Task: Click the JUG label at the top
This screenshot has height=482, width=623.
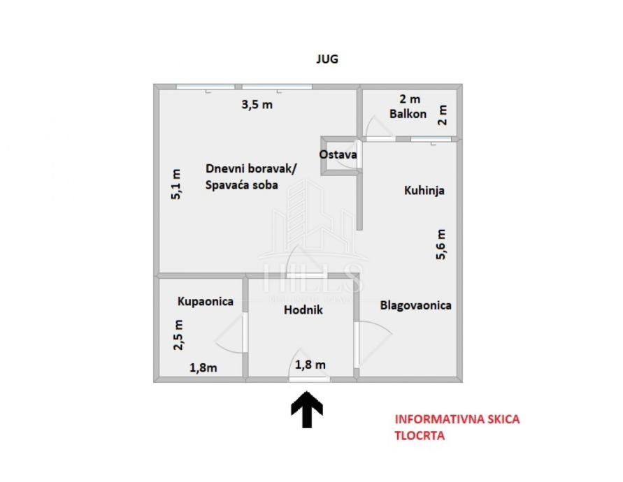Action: click(x=327, y=59)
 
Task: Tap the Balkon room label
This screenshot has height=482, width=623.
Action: click(x=408, y=114)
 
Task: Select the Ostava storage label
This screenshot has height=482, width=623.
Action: click(x=338, y=154)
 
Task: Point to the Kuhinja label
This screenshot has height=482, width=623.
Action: click(x=424, y=190)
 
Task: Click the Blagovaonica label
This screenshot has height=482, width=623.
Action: click(x=415, y=305)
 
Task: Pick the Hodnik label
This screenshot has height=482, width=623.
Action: click(x=303, y=311)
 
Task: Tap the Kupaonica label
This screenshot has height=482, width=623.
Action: click(x=205, y=302)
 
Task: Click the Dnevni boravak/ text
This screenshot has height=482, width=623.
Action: click(x=251, y=168)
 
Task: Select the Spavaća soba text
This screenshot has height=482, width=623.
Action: click(x=242, y=185)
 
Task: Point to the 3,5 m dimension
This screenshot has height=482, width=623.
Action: click(x=257, y=105)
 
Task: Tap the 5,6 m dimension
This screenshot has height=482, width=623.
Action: click(x=441, y=244)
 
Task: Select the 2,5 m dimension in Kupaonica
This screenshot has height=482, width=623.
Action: click(x=179, y=335)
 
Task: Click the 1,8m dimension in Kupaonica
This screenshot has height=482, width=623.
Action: click(x=203, y=367)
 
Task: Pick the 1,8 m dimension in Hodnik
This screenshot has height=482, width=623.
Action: click(x=310, y=364)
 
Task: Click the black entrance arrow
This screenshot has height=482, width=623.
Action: click(x=306, y=409)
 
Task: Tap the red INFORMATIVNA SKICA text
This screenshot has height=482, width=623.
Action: click(x=457, y=420)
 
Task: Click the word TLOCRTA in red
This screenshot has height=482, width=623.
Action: click(x=420, y=435)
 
